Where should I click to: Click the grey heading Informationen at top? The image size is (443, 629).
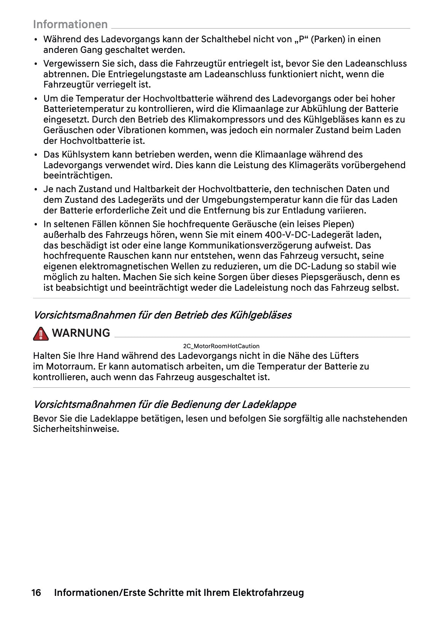tap(70, 24)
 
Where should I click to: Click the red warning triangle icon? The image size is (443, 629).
tap(40, 333)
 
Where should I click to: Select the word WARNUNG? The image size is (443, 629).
tap(81, 333)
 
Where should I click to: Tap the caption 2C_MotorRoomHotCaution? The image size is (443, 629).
tap(221, 346)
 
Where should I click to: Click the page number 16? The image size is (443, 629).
tap(37, 592)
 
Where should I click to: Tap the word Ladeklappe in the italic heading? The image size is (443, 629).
tap(269, 404)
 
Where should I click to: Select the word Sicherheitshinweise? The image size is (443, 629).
tap(75, 429)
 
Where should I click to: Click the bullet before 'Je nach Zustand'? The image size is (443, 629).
tap(36, 189)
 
